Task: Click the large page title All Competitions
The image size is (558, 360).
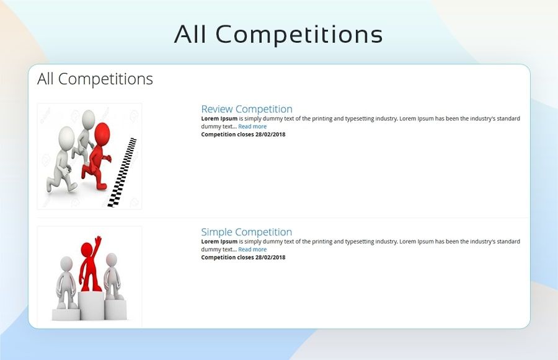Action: (278, 35)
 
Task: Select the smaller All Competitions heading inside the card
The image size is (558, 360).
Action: (95, 79)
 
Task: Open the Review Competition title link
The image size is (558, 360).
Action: (247, 109)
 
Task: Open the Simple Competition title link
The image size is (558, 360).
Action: (246, 232)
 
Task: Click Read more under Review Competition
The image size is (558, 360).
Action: (252, 126)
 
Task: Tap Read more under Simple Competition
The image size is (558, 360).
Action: (252, 249)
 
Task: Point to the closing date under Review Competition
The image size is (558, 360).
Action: (243, 134)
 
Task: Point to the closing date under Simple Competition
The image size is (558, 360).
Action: (243, 257)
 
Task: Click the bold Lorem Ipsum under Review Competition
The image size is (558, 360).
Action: (219, 118)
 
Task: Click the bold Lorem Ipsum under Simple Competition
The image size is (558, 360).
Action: (219, 242)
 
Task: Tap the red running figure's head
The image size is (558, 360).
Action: (102, 133)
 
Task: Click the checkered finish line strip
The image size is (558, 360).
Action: (122, 172)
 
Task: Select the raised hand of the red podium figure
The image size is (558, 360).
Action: (98, 241)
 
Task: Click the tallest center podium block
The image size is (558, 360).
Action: (92, 305)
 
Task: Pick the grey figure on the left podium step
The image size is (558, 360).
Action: (66, 283)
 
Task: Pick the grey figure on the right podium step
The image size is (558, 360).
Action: (113, 276)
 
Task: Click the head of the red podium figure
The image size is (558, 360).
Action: (86, 249)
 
